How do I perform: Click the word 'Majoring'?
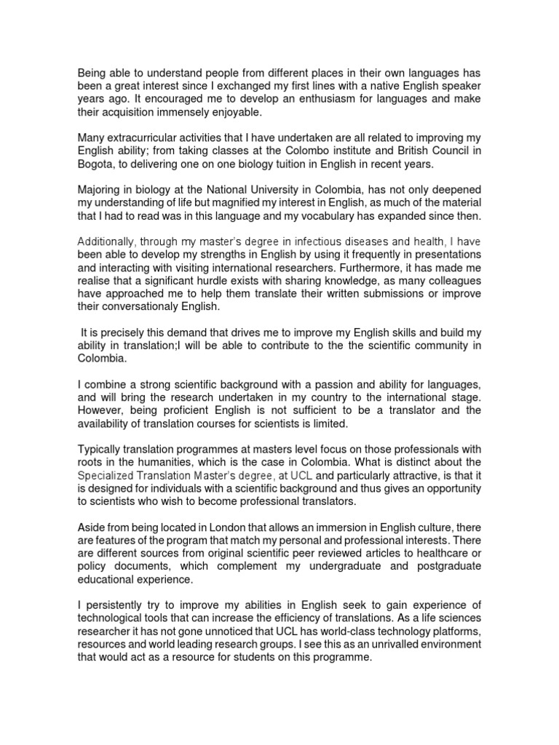coord(100,189)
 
